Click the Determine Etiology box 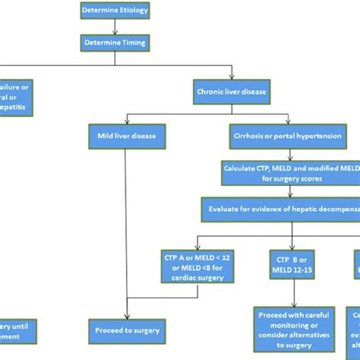pos(114,11)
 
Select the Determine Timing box pos(114,43)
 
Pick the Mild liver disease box pos(125,137)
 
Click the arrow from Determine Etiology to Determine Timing pos(114,27)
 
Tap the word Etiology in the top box pos(130,11)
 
